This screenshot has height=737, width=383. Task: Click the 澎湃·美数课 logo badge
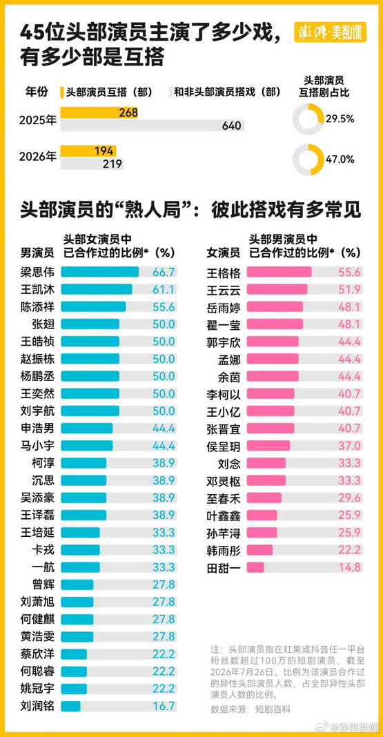[x=330, y=32]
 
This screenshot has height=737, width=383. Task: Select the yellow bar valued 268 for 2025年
[x=99, y=112]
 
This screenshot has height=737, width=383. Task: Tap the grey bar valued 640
[x=153, y=126]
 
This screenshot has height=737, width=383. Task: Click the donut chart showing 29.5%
[x=308, y=119]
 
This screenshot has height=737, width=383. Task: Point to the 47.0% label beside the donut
[x=341, y=159]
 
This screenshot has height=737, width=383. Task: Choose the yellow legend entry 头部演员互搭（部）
[x=107, y=92]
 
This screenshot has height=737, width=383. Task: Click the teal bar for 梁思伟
[x=99, y=272]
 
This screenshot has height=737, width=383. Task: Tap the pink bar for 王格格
[x=279, y=272]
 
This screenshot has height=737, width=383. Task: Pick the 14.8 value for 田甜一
[x=350, y=568]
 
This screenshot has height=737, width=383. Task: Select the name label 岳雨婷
[x=224, y=307]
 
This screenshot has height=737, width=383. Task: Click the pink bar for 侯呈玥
[x=268, y=446]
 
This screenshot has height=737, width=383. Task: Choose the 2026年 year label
[x=37, y=157]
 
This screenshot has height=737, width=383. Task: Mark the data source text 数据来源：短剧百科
[x=251, y=709]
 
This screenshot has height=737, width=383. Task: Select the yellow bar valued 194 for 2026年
[x=88, y=151]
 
